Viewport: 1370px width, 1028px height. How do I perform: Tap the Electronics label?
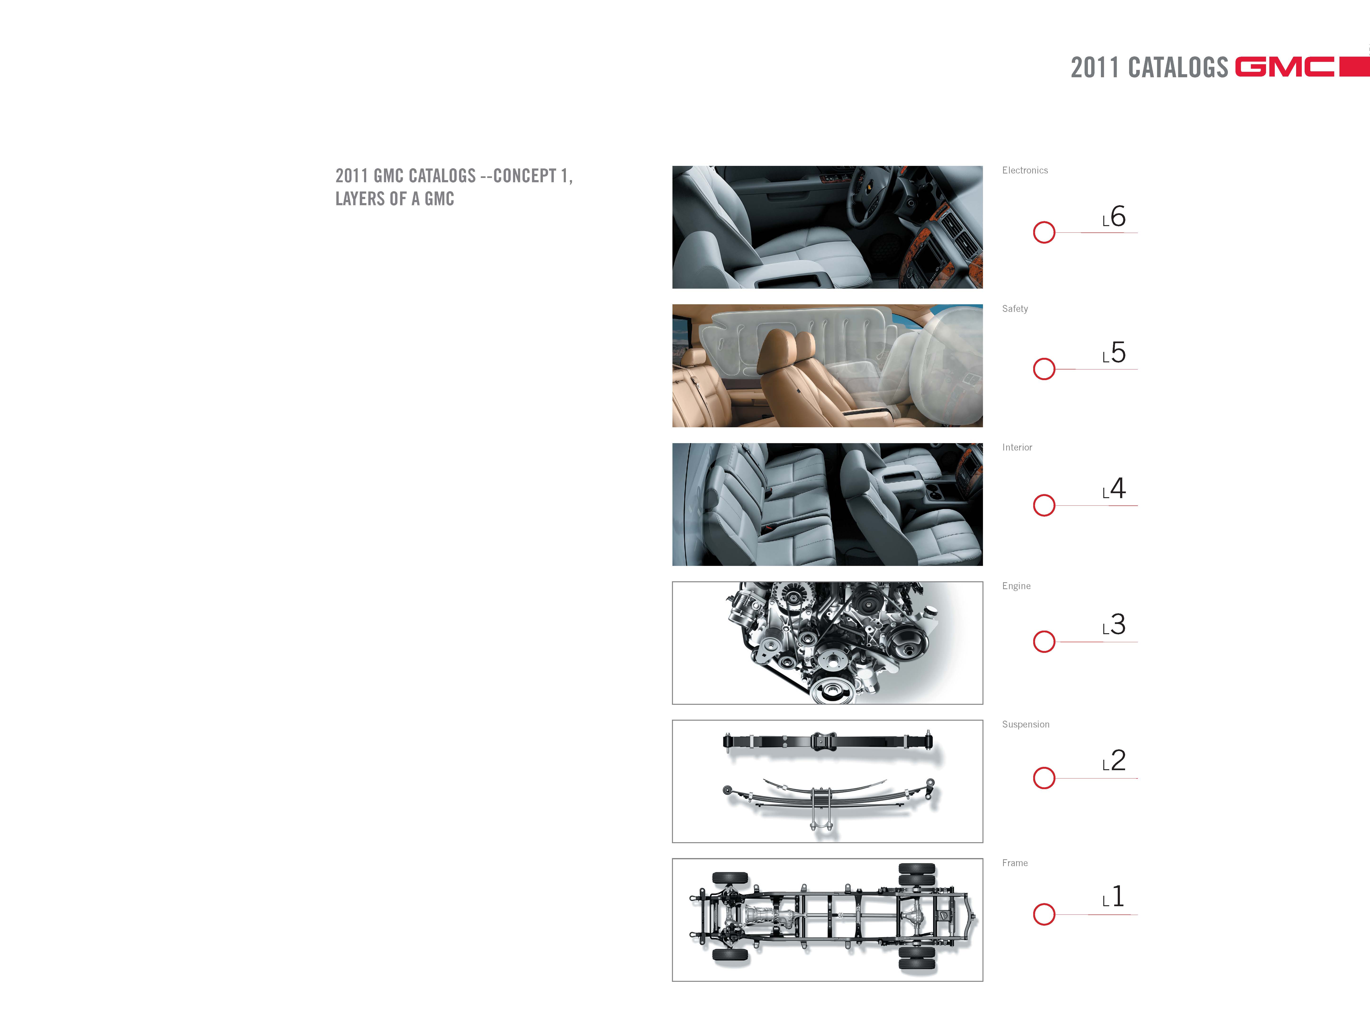tap(1025, 170)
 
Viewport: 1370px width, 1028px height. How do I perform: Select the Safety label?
tap(1015, 309)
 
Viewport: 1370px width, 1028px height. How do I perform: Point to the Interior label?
tap(1017, 447)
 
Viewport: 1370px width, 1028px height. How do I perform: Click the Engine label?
tap(1016, 586)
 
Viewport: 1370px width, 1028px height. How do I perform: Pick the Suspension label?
tap(1026, 724)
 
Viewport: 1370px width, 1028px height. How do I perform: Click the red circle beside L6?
tap(1044, 232)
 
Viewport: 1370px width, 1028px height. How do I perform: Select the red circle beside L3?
tap(1044, 641)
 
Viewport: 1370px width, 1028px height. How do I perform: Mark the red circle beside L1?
tap(1044, 914)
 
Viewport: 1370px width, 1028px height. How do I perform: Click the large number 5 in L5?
tap(1118, 353)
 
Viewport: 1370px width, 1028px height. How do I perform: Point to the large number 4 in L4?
tap(1118, 488)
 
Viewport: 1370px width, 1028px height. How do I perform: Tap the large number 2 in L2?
tap(1118, 760)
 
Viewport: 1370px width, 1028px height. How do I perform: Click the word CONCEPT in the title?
tap(525, 176)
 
